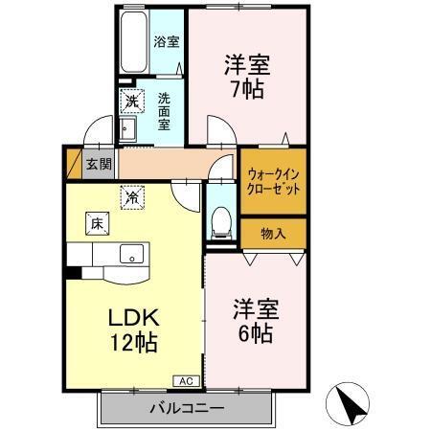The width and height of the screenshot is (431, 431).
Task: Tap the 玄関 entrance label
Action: tap(99, 163)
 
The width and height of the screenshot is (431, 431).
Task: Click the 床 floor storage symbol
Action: tap(97, 223)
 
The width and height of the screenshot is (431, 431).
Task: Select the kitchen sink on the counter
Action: tap(131, 254)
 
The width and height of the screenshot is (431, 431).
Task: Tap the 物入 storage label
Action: tap(274, 233)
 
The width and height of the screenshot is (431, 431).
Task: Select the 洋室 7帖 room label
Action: tap(247, 78)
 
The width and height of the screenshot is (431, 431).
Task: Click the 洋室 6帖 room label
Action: tap(254, 323)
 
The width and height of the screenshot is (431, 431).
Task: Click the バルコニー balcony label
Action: tap(186, 409)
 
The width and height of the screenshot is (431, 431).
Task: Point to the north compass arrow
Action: tap(347, 403)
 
